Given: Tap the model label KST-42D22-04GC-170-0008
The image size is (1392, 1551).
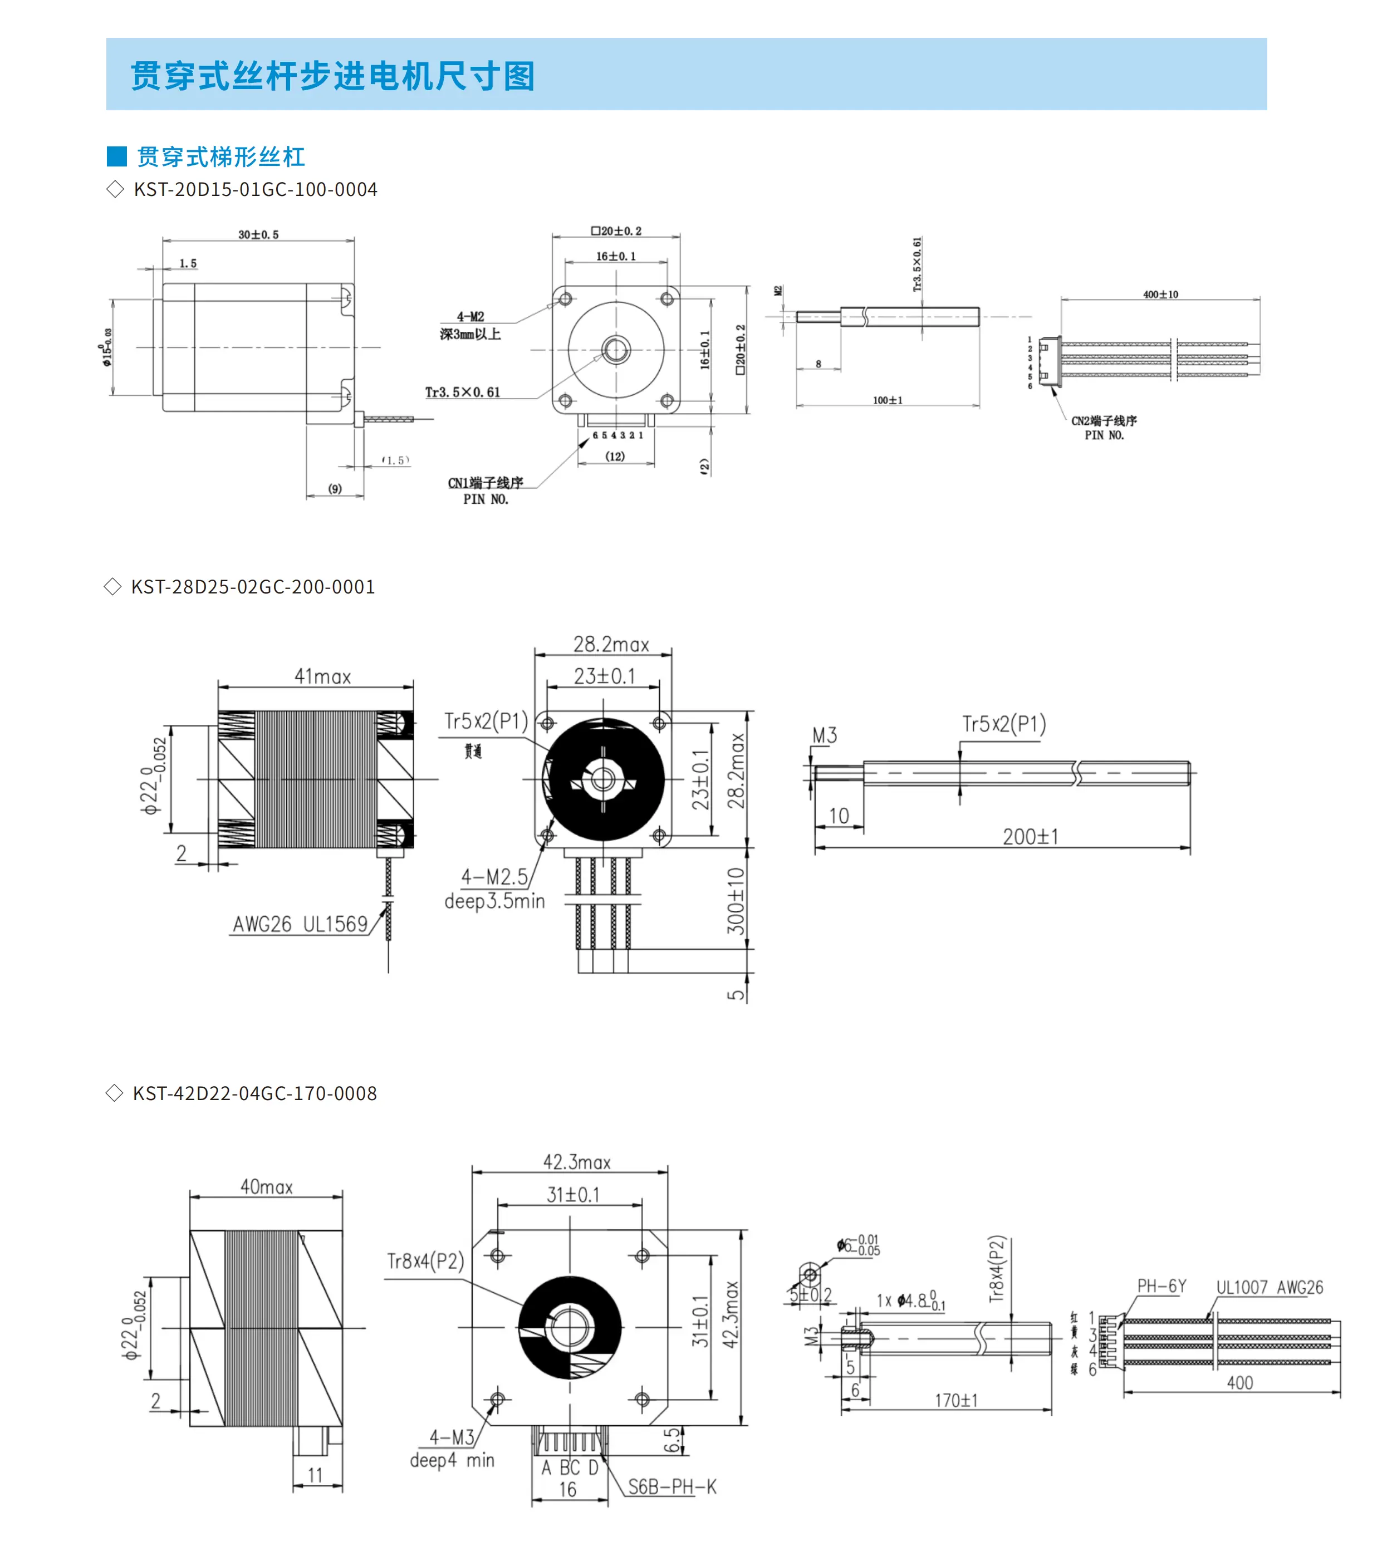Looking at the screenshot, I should pos(254,1093).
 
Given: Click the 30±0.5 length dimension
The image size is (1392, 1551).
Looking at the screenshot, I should pos(258,235).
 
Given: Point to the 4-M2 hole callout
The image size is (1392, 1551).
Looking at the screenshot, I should pos(470,317).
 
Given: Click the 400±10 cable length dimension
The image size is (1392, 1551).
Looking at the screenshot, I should pos(1160,295).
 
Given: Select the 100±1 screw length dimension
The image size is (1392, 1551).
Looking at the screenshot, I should pos(887,400).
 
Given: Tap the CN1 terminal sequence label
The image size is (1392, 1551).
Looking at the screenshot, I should pos(486,483).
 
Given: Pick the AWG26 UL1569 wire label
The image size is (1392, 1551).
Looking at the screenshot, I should pos(300,924).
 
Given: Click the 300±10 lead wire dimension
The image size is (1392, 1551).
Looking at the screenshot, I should pos(736,900).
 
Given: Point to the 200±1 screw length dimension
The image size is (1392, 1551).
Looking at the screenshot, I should pos(1030,837).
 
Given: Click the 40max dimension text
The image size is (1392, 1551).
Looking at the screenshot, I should pos(266,1186).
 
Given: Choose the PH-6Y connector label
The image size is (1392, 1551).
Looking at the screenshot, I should pos(1161,1285).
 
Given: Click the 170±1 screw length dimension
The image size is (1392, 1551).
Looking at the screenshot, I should pos(956,1400).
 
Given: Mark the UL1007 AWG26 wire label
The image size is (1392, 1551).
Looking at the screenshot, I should pos(1270,1287).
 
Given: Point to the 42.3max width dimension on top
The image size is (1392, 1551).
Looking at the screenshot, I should pos(577,1162).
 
